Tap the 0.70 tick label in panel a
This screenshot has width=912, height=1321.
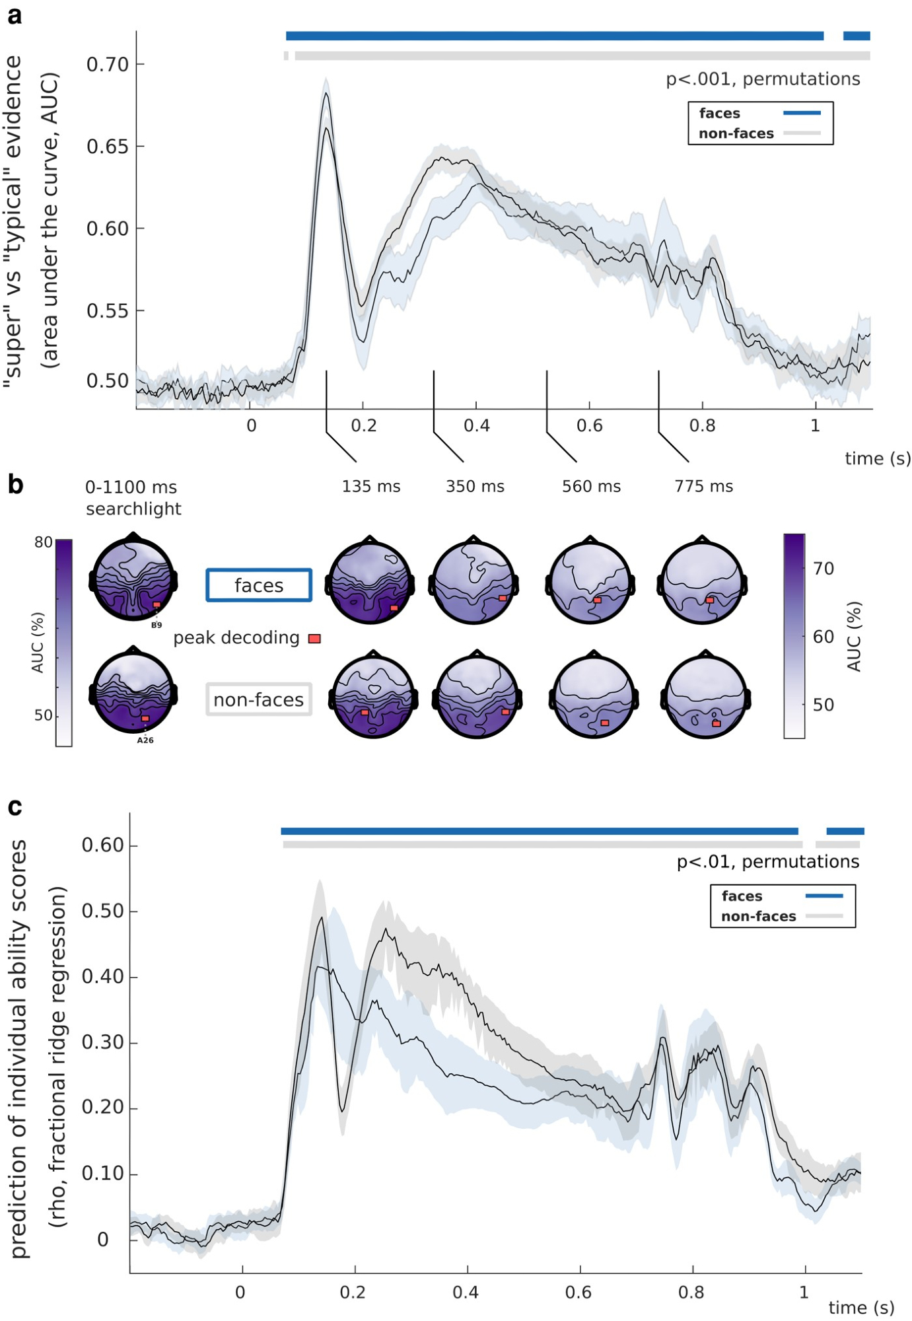[107, 65]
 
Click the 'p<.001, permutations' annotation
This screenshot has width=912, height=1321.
[762, 79]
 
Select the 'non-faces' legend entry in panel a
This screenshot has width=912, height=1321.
[736, 133]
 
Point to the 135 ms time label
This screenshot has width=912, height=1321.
[370, 487]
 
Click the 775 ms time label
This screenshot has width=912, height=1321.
[703, 487]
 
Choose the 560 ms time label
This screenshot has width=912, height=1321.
[591, 487]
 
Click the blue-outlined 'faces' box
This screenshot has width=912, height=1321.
[259, 585]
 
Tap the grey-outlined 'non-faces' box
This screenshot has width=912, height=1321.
[259, 699]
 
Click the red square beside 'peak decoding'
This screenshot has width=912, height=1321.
[315, 639]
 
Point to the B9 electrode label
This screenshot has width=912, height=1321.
[157, 625]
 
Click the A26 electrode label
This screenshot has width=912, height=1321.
[145, 740]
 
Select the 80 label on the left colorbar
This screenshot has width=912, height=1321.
[44, 543]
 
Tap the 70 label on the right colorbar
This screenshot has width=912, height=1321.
[823, 569]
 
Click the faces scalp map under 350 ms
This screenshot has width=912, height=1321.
[474, 583]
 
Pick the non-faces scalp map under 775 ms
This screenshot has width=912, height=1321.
[705, 696]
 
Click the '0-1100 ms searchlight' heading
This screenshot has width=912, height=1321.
[133, 498]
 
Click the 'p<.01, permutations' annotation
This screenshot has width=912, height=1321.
[767, 862]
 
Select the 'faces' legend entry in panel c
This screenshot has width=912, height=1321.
[742, 896]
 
